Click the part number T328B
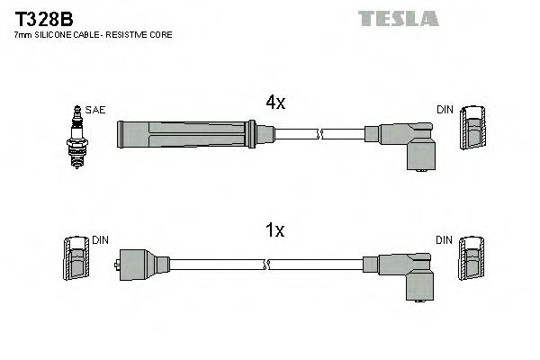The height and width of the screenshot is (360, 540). coord(41,18)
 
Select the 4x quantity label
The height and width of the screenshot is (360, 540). coord(275,103)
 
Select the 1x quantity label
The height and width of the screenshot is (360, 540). coord(275,231)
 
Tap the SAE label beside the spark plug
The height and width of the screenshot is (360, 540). coord(96,110)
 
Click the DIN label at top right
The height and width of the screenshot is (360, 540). coord(445,110)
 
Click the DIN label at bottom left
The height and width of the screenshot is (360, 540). coord(100,240)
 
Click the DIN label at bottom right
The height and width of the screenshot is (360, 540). coord(445,240)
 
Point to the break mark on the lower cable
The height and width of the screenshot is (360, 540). coord(267,265)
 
